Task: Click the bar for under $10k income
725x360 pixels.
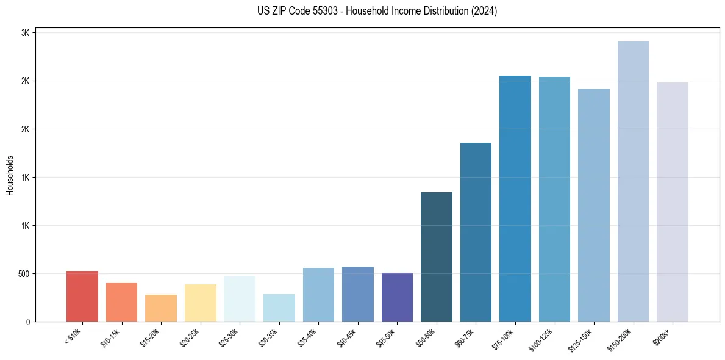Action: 82,296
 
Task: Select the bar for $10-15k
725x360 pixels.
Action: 121,302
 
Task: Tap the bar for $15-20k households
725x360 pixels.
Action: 161,308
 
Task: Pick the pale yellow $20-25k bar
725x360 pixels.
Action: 200,303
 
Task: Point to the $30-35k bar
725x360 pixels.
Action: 279,308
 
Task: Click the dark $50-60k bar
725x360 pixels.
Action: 437,257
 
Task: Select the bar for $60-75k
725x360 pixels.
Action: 476,232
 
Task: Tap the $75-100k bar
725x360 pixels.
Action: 515,198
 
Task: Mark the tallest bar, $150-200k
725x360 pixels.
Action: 633,181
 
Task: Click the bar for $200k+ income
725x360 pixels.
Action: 673,202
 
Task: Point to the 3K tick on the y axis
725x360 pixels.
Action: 26,33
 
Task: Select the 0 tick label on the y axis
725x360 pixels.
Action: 28,322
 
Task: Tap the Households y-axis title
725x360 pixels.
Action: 10,175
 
